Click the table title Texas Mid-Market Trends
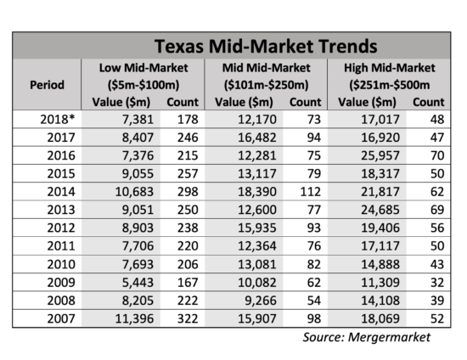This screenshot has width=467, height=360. (266, 46)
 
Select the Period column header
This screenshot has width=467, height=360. (47, 85)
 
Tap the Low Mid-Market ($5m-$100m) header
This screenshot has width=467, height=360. (143, 76)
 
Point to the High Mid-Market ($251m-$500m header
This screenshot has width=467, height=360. (390, 76)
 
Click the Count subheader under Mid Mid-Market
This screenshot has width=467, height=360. (306, 102)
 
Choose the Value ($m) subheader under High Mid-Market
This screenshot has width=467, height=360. (367, 102)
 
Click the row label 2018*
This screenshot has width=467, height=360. (58, 120)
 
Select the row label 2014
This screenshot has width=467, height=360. (61, 192)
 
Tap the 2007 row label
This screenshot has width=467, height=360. (61, 318)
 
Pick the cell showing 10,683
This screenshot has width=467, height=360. (134, 192)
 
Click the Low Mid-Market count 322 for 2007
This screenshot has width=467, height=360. (188, 318)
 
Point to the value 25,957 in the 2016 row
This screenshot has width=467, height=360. (380, 155)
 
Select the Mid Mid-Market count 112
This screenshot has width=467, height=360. (311, 192)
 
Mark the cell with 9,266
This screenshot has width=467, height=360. (261, 301)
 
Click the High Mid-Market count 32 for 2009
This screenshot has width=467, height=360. (437, 282)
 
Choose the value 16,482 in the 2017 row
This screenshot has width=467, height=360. (257, 138)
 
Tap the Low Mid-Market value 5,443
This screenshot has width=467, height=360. (138, 282)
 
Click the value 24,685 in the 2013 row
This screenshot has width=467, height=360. (380, 210)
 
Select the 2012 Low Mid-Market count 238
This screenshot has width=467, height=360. (188, 228)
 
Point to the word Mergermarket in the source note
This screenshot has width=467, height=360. (389, 337)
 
